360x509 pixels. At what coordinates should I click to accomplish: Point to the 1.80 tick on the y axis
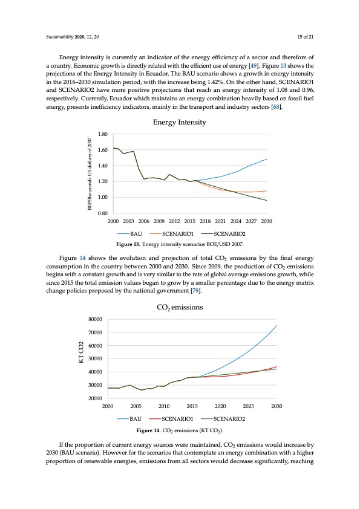point(102,134)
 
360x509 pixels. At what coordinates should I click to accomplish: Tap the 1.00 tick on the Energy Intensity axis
point(102,198)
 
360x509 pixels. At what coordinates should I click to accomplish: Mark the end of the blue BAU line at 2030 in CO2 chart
point(277,326)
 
